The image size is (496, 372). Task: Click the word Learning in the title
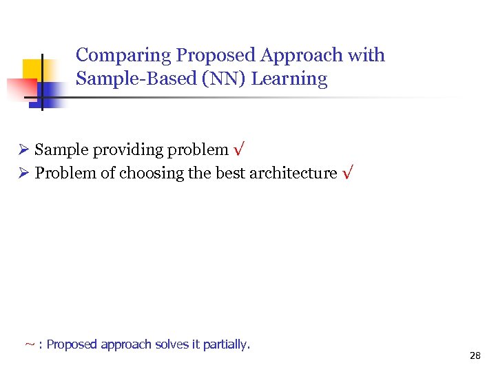[289, 79]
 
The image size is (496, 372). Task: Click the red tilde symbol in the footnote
[30, 344]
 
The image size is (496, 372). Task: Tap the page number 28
[475, 356]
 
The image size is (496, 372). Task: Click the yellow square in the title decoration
[34, 70]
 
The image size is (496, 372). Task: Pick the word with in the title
[368, 56]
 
